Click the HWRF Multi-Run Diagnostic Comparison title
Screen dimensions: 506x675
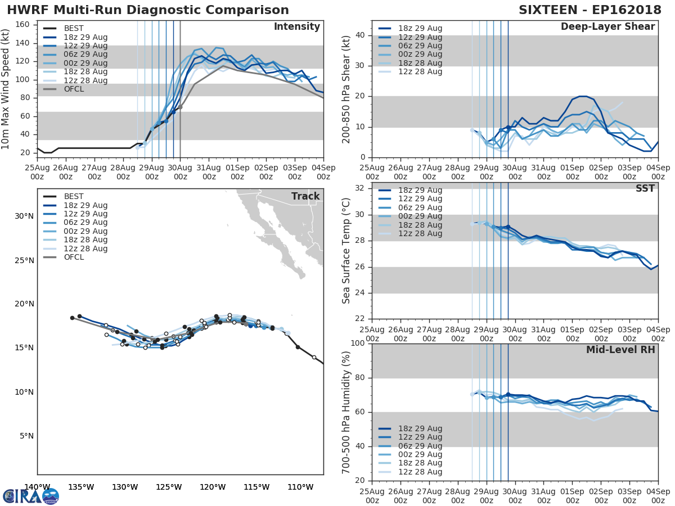pyautogui.click(x=148, y=10)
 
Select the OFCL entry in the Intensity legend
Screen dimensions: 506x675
pyautogui.click(x=74, y=89)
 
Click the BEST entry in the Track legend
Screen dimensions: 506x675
pyautogui.click(x=74, y=197)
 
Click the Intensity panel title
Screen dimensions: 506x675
pyautogui.click(x=296, y=27)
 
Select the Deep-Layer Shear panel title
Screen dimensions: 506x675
pyautogui.click(x=607, y=27)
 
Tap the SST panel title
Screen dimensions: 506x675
pyautogui.click(x=645, y=189)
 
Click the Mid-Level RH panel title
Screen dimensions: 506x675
pyautogui.click(x=620, y=350)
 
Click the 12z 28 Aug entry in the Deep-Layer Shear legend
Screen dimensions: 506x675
pyautogui.click(x=418, y=72)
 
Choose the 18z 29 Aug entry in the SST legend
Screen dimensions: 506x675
pyautogui.click(x=418, y=191)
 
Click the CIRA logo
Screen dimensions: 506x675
pyautogui.click(x=31, y=496)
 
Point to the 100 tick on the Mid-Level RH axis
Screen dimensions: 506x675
pyautogui.click(x=358, y=344)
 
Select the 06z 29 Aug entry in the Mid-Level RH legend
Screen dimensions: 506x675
pyautogui.click(x=418, y=446)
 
